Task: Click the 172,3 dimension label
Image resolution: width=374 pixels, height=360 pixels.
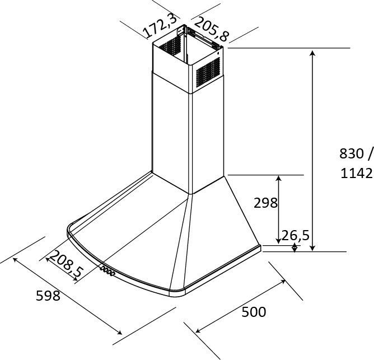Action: click(160, 26)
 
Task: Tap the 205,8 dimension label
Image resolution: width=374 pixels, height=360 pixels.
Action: click(211, 29)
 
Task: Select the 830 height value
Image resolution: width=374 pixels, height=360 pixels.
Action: click(352, 153)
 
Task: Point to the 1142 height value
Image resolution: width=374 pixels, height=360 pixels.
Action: click(356, 173)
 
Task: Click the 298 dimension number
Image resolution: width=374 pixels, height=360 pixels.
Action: click(265, 203)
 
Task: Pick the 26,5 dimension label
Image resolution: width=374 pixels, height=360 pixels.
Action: click(295, 235)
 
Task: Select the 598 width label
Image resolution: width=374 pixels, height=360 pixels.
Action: click(48, 296)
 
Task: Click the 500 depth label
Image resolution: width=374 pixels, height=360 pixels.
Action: click(254, 312)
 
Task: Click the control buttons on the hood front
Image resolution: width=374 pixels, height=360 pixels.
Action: click(107, 271)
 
